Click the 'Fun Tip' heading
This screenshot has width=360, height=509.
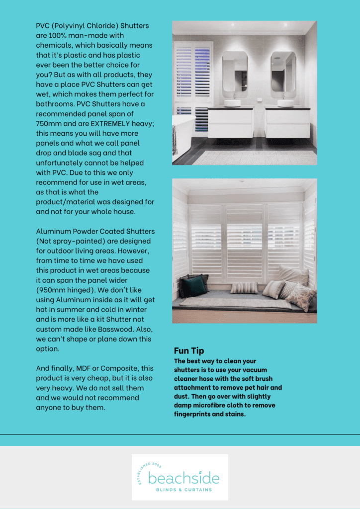coord(189,351)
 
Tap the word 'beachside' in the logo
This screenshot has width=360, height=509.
coord(183,479)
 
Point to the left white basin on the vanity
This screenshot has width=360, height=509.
coord(232,103)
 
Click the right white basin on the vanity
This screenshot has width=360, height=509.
coord(285,103)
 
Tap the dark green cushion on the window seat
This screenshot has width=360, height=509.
coord(193,286)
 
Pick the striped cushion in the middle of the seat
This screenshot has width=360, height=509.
coord(244,288)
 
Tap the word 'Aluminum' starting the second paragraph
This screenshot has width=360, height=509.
coord(53,231)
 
